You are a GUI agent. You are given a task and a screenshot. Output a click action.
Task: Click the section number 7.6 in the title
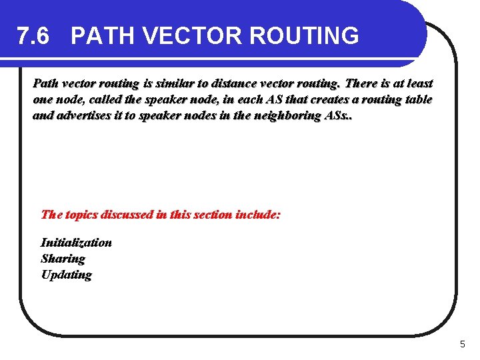(x=33, y=36)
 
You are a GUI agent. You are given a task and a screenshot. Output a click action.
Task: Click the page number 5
(x=463, y=345)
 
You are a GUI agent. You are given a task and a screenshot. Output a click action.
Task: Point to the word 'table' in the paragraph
(x=417, y=100)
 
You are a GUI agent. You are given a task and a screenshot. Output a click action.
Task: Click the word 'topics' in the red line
(x=83, y=215)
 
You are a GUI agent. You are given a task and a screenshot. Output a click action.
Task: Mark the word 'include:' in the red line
(x=258, y=215)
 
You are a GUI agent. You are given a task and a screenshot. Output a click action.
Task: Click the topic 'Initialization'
(x=76, y=243)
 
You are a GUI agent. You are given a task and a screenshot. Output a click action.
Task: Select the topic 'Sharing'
(x=63, y=259)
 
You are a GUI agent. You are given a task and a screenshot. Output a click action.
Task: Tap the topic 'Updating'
(x=66, y=275)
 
